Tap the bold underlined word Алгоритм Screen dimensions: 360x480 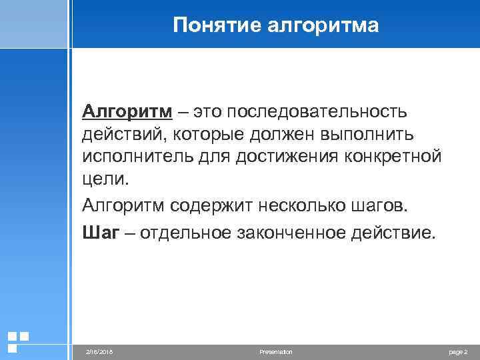[125, 109]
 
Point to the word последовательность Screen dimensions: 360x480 [319, 109]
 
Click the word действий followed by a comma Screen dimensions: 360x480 [125, 133]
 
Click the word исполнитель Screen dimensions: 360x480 [138, 157]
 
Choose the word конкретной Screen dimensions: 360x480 [393, 157]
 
